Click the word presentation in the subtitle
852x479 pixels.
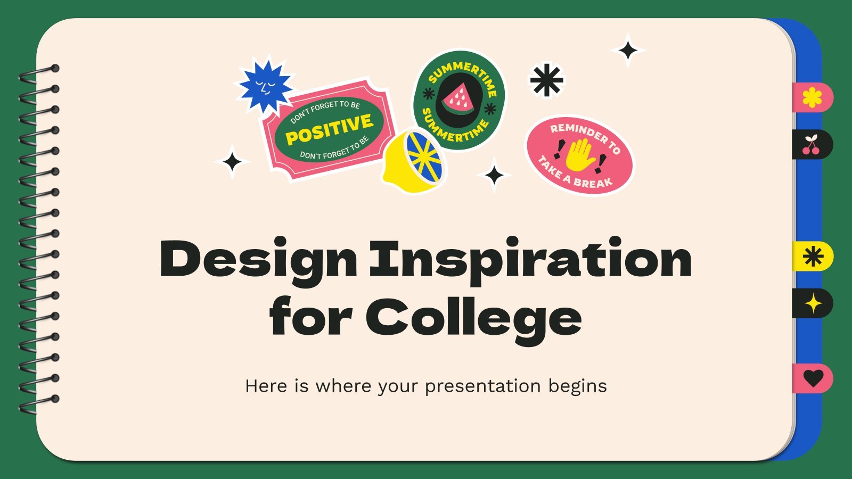click(482, 386)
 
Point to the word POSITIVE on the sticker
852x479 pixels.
click(330, 129)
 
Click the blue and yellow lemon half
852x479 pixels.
click(415, 160)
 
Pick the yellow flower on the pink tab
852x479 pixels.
click(812, 97)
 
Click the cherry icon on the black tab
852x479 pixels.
click(811, 144)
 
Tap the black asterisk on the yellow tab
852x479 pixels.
click(813, 256)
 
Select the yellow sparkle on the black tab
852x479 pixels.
click(813, 303)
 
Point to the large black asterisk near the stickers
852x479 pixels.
click(547, 80)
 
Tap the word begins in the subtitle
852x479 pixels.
click(577, 386)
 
